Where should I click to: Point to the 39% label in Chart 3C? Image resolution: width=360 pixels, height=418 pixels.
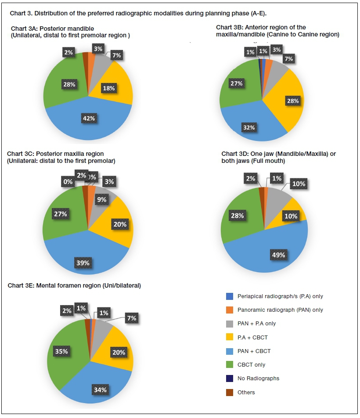tap(83, 263)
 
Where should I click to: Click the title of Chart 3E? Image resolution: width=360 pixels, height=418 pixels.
tap(74, 286)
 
